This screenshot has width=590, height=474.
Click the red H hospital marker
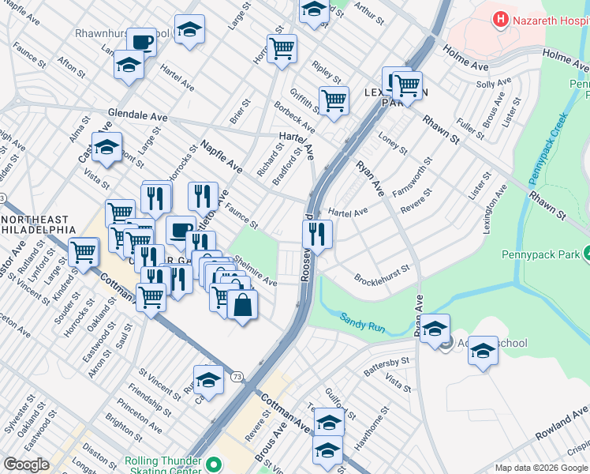pos(499,18)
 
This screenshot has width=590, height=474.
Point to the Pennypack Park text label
pos(540,254)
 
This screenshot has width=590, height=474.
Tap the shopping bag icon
pos(243,303)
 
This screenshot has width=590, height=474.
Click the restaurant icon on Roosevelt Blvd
pos(317,234)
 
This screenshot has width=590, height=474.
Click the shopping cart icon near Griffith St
pos(334,100)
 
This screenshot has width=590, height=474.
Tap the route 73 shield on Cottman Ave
pos(237,377)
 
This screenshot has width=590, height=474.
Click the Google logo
pos(27,465)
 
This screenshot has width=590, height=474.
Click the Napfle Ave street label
pos(221,156)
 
